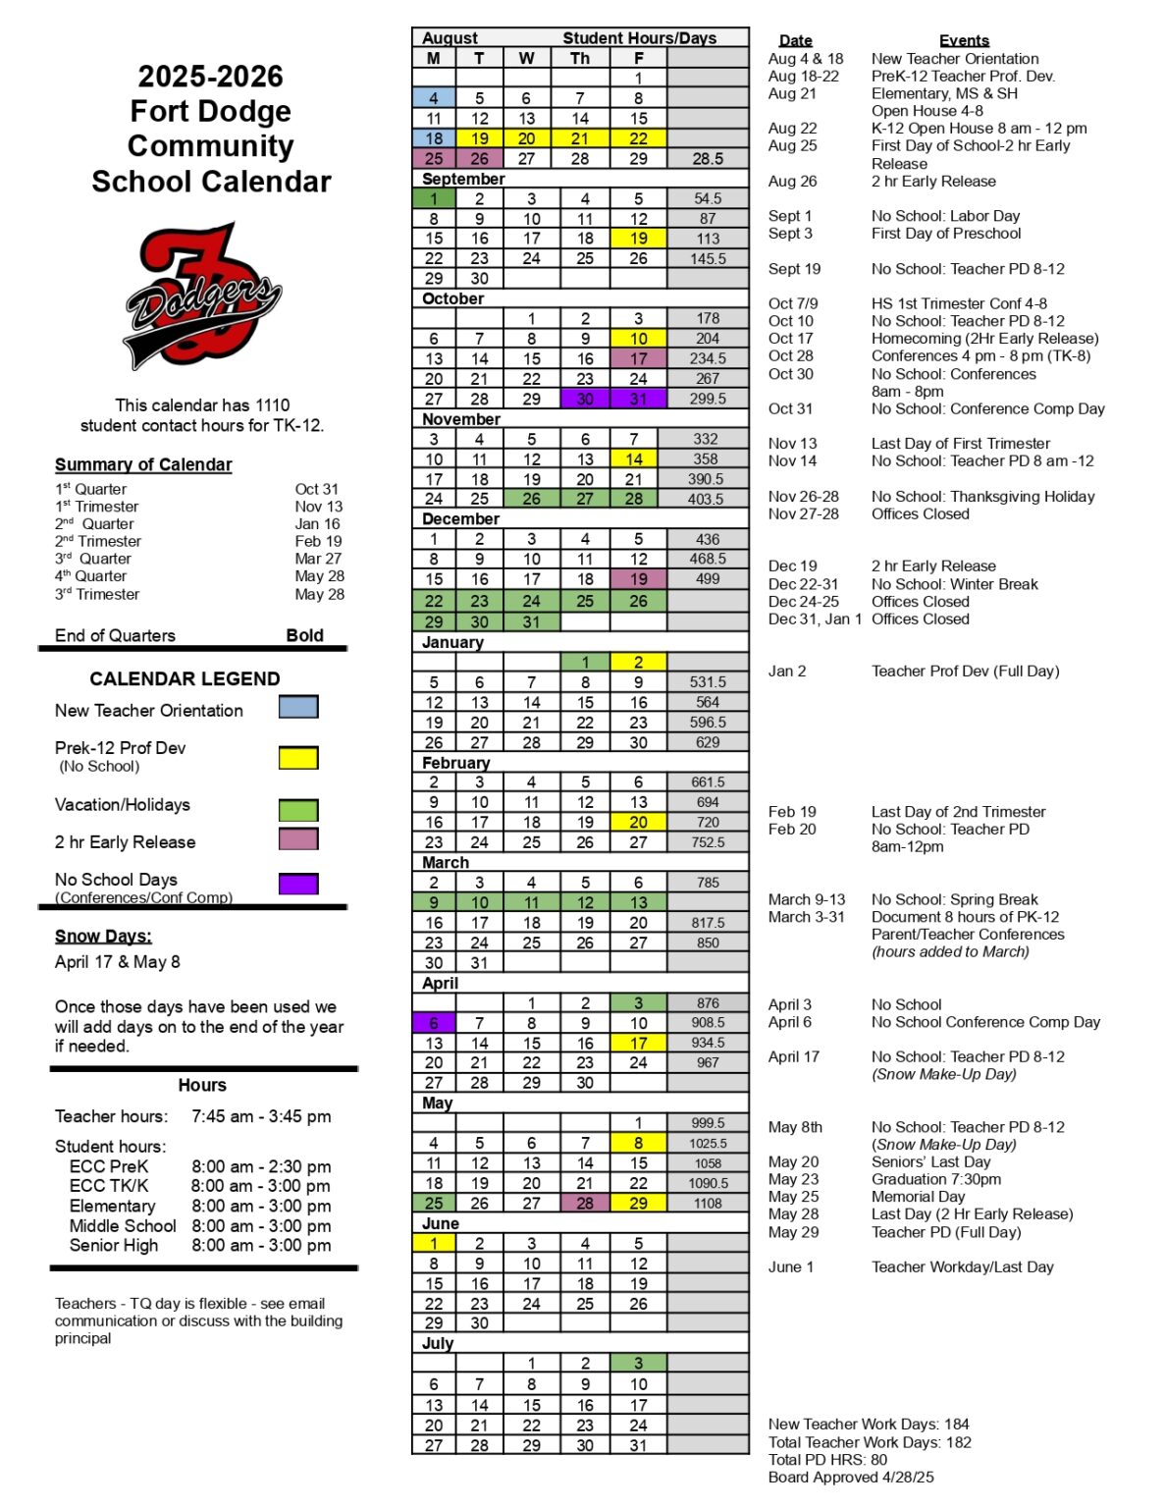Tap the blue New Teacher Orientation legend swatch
point(298,707)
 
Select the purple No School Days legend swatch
point(298,884)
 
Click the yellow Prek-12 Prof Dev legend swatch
point(298,757)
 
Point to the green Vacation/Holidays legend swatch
point(298,810)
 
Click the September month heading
point(463,179)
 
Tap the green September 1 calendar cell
point(434,198)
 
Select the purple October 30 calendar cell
point(585,399)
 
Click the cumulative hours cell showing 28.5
point(708,158)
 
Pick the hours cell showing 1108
point(708,1203)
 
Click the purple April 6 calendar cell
point(434,1023)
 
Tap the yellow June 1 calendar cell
point(434,1243)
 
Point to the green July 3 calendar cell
point(638,1363)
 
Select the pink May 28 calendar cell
point(585,1203)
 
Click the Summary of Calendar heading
point(143,464)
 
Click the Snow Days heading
point(103,936)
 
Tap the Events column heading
point(964,40)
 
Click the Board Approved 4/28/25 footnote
point(851,1477)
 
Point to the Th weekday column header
point(580,58)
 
